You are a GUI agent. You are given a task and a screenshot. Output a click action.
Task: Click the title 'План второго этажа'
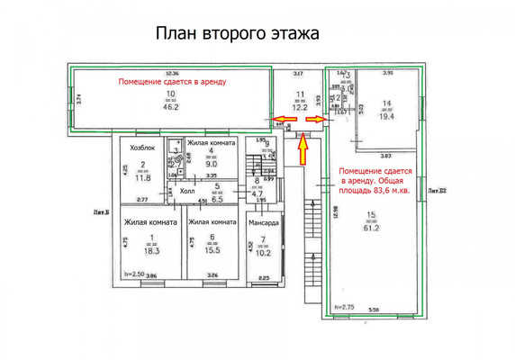pos(238,34)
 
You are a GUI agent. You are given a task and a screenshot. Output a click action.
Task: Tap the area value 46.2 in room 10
pos(169,106)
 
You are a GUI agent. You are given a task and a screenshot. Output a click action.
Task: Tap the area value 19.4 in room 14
pos(386,116)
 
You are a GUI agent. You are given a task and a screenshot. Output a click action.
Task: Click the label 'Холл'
pos(188,191)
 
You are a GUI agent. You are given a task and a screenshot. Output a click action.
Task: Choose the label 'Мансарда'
pos(264,220)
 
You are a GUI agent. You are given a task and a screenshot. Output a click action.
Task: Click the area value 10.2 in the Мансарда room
pos(263,252)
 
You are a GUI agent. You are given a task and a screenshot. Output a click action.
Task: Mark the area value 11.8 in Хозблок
pos(143,177)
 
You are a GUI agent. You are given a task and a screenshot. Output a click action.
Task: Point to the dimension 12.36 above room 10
pos(172,73)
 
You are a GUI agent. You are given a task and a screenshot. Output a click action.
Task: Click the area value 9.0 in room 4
pos(212,164)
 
